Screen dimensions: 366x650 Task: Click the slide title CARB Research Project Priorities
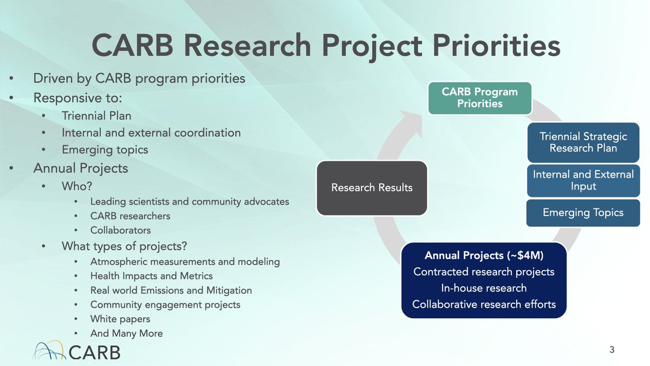325,45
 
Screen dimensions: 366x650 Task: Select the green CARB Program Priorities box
479,97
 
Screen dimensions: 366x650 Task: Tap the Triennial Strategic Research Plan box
583,142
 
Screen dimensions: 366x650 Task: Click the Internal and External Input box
583,180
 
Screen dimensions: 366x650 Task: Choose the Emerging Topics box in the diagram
583,213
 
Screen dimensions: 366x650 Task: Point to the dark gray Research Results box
372,188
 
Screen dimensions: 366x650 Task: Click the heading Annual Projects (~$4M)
484,255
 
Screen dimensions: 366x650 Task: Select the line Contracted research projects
484,272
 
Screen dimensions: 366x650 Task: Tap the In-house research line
484,288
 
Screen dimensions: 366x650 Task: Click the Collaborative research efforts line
484,304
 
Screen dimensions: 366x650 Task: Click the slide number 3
612,349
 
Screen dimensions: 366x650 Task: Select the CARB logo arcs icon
50,350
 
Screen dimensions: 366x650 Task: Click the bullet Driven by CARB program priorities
139,79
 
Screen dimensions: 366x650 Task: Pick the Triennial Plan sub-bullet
96,116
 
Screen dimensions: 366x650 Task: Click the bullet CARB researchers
130,215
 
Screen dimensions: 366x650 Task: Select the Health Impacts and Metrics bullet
151,276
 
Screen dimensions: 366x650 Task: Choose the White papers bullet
120,319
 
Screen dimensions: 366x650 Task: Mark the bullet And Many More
126,334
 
